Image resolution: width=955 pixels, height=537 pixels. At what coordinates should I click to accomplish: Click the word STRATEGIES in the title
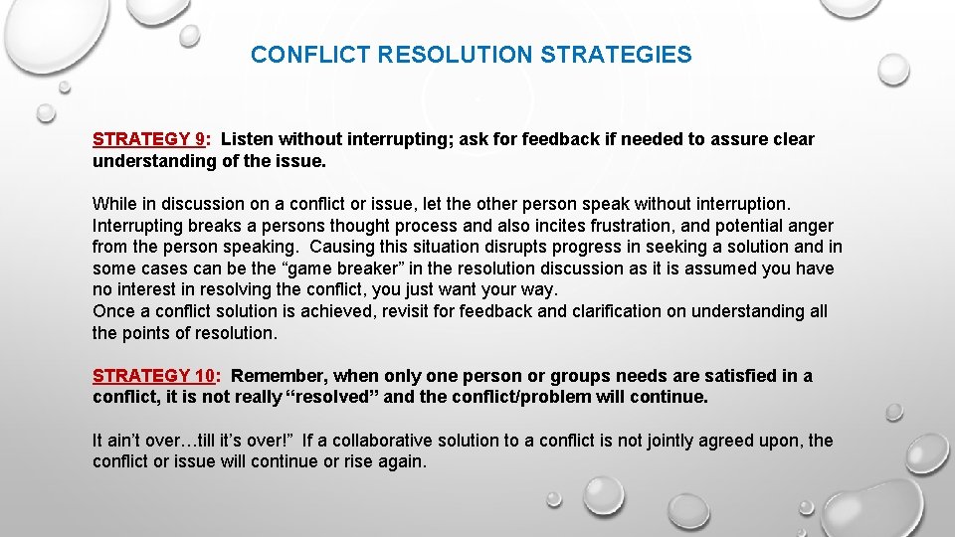tap(616, 55)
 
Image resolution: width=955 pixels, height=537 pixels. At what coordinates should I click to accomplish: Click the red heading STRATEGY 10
tap(154, 376)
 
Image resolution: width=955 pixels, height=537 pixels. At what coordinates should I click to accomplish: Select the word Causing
tap(342, 247)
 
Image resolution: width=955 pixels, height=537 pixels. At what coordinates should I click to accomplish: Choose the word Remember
tap(279, 376)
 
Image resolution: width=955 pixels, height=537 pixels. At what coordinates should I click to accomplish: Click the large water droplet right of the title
tap(893, 69)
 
